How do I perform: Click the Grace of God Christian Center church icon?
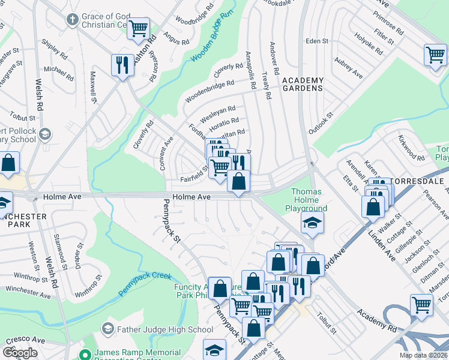click(72, 20)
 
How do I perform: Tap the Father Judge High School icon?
click(107, 328)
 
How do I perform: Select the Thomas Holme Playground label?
click(309, 200)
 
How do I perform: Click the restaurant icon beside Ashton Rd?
click(123, 65)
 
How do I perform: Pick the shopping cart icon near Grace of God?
click(139, 27)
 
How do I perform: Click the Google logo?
click(19, 352)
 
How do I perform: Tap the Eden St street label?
click(317, 41)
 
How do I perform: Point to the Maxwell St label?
click(94, 88)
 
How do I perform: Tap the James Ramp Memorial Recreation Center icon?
click(87, 355)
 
